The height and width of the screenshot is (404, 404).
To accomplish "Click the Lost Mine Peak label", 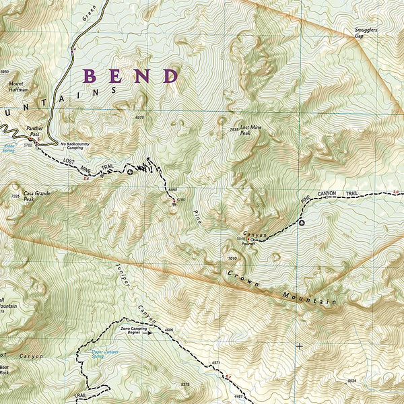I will pos(250,131).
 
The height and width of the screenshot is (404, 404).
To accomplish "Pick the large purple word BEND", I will pos(131,75).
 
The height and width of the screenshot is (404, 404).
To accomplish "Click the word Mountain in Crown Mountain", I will pos(310,296).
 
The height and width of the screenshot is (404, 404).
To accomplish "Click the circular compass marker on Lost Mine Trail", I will pos(131,173).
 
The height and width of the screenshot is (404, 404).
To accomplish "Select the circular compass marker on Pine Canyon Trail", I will pos(302,223).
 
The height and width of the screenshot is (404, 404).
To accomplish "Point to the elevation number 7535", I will pos(234,129).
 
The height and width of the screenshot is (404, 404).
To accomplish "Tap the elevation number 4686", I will pos(168,329).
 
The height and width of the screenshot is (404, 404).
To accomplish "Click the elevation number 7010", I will pos(233,258).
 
